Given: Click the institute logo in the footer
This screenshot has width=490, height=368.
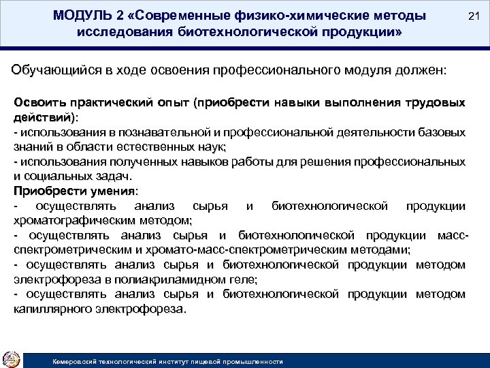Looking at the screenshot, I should click(12, 358).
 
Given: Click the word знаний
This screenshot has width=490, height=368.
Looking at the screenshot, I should click(31, 146).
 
